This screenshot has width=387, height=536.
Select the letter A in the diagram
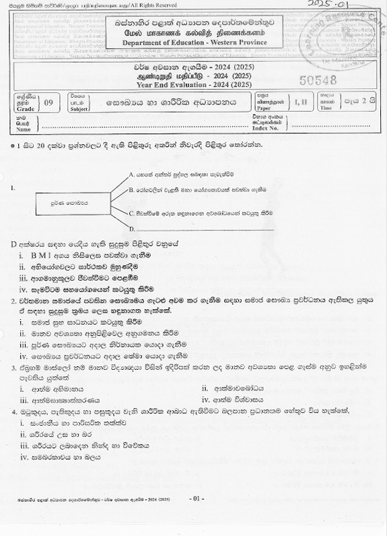tap(131, 174)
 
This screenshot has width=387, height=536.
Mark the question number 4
tap(13, 411)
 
